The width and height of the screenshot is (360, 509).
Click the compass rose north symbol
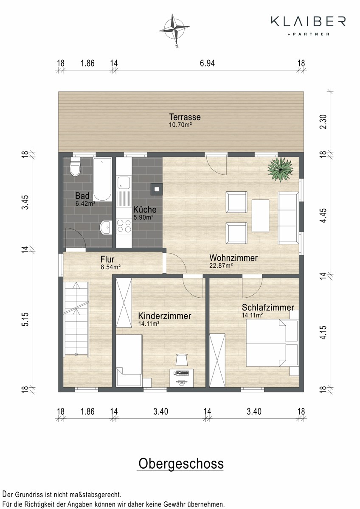[174, 30]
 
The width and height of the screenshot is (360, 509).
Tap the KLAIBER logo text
[308, 21]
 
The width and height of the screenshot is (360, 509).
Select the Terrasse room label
[185, 117]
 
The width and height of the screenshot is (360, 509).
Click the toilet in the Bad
[75, 167]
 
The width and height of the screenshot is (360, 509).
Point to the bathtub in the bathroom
[102, 179]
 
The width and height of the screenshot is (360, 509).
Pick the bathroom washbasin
[106, 227]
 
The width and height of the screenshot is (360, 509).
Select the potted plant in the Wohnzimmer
[280, 170]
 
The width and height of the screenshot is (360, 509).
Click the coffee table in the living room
[260, 215]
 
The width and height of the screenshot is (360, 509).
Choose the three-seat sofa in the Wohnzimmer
[288, 218]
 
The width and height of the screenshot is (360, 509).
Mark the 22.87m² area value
[221, 266]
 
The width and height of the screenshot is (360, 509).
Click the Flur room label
[107, 259]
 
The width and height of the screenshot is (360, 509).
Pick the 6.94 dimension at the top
[207, 63]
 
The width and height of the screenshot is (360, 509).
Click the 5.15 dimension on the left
[25, 319]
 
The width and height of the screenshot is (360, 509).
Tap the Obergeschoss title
[181, 464]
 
